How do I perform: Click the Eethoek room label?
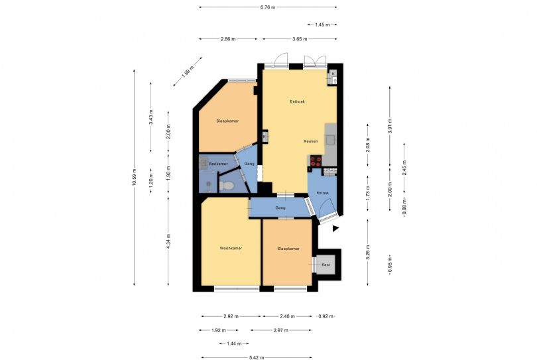pyautogui.click(x=297, y=101)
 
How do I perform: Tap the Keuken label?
pyautogui.click(x=311, y=141)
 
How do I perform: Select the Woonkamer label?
pyautogui.click(x=231, y=249)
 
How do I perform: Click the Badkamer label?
pyautogui.click(x=218, y=164)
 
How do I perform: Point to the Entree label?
pyautogui.click(x=323, y=193)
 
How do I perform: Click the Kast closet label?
pyautogui.click(x=326, y=265)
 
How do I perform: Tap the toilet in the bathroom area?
pyautogui.click(x=226, y=186)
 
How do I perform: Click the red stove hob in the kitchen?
pyautogui.click(x=316, y=160)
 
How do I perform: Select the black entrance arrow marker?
pyautogui.click(x=335, y=229)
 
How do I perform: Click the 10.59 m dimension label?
pyautogui.click(x=134, y=178)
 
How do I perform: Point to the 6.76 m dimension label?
pyautogui.click(x=267, y=7)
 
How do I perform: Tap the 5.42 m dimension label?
pyautogui.click(x=257, y=357)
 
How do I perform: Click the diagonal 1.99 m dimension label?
pyautogui.click(x=188, y=72)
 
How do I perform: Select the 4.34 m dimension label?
pyautogui.click(x=168, y=241)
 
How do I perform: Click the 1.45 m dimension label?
pyautogui.click(x=322, y=25)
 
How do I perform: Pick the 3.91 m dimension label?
pyautogui.click(x=390, y=126)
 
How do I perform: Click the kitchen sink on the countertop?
pyautogui.click(x=330, y=140)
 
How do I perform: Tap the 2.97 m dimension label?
pyautogui.click(x=281, y=330)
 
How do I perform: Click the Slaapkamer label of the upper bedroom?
pyautogui.click(x=227, y=121)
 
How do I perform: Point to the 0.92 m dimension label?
pyautogui.click(x=326, y=316)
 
